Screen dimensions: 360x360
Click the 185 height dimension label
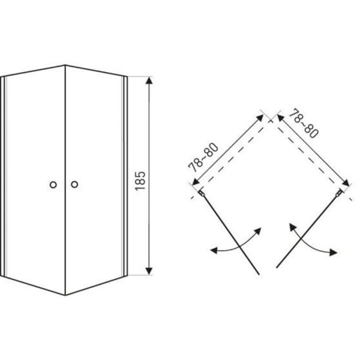coord(140,181)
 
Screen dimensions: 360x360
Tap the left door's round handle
coord(53,185)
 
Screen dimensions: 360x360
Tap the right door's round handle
coord(74,184)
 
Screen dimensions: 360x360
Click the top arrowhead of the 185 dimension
coord(149,80)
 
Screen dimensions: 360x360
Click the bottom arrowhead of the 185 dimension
coord(149,271)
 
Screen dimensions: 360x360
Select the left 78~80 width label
coord(203,157)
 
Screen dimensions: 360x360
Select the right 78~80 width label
coord(304,124)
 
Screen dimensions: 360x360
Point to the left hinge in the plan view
coord(202,193)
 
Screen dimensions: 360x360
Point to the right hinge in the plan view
coord(339,193)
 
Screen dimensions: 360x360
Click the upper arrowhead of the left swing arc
coord(258,231)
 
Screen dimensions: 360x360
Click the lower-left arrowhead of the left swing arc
coord(214,250)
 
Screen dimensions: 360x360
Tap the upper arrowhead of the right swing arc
coord(292,227)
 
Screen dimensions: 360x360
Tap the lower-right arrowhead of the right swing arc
coord(334,252)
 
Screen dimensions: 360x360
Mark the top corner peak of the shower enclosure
coord(65,65)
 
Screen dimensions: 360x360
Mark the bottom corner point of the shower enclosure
coord(65,295)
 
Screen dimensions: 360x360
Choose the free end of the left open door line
coord(259,274)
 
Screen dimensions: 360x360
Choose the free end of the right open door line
coord(277,267)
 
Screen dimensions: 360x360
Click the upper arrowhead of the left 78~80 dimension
coord(260,118)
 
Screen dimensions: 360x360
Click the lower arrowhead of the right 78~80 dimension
coord(346,183)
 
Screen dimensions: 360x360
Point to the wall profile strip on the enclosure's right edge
coord(125,176)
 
